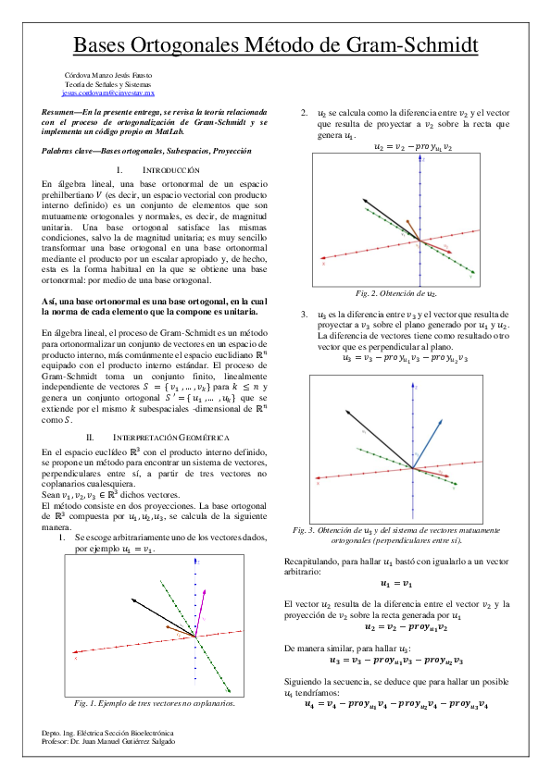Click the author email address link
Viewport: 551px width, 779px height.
pos(108,93)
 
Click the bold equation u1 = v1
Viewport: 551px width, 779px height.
pos(397,583)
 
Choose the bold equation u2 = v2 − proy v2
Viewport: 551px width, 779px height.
pos(397,625)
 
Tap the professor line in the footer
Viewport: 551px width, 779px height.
pos(108,741)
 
